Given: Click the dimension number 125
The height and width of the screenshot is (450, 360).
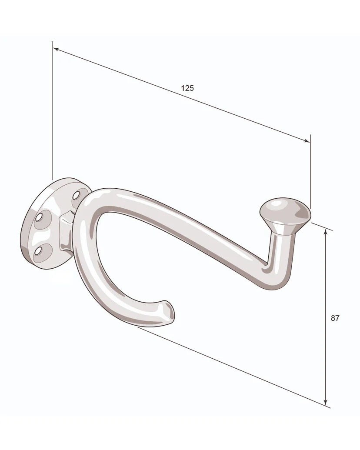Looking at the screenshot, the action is pos(187,88).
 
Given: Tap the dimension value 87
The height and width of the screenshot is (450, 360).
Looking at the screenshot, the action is pos(335,318).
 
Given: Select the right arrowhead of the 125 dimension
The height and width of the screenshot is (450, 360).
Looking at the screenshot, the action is pos(307,140).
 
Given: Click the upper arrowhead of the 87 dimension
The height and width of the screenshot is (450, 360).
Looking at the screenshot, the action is pos(325,233).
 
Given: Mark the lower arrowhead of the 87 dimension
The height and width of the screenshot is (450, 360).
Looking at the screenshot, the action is pos(325,401).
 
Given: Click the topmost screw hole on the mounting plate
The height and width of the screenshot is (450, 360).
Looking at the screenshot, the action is pos(76,196).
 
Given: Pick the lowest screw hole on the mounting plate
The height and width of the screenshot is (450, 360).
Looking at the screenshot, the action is pos(38,252).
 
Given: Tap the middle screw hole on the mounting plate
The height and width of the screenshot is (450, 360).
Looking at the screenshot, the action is pos(39,218).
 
